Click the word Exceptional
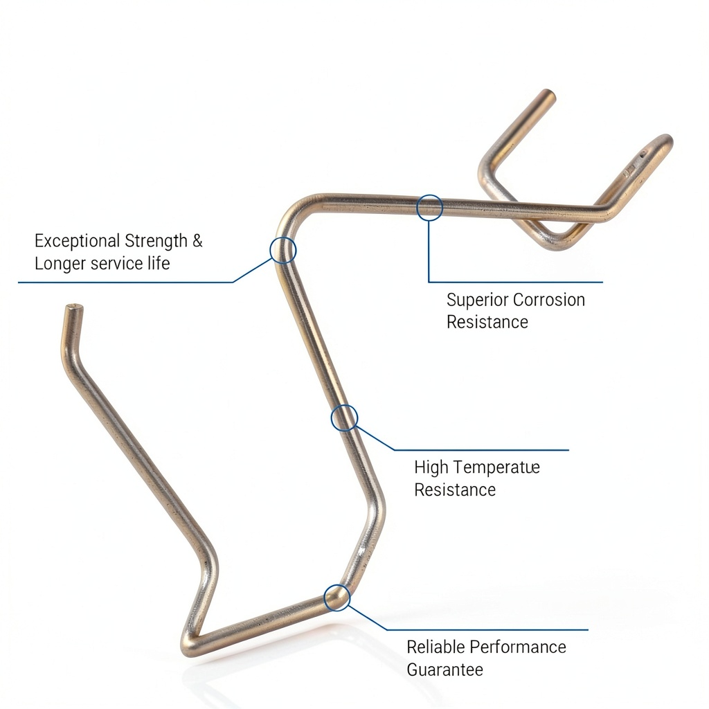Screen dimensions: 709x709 click(x=78, y=241)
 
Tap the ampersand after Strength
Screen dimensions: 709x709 click(x=197, y=240)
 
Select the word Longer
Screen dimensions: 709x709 click(x=60, y=264)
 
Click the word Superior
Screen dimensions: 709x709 click(x=477, y=300)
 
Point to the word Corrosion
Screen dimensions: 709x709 click(x=549, y=300)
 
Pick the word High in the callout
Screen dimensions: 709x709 click(x=431, y=467)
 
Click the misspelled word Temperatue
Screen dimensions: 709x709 click(x=497, y=468)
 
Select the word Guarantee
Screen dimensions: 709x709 click(x=445, y=670)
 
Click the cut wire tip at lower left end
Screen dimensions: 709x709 click(x=74, y=307)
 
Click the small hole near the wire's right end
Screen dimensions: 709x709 click(x=643, y=154)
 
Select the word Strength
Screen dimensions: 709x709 click(x=156, y=241)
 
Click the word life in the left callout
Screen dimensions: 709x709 click(x=159, y=263)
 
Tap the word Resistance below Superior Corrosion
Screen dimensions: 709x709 click(x=487, y=323)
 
